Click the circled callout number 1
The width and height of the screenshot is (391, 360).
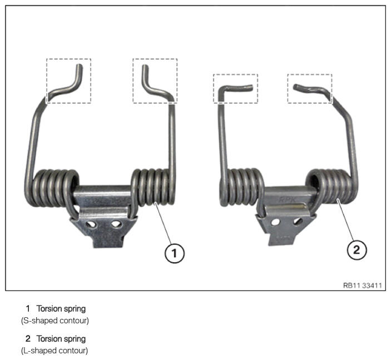175,253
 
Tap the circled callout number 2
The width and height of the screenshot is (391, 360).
357,249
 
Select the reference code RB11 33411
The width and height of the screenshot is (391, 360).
362,285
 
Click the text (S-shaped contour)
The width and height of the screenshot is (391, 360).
55,321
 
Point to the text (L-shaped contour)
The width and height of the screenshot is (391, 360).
55,351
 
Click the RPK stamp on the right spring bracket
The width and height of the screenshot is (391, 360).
287,199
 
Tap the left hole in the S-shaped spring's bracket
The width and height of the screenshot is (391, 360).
91,224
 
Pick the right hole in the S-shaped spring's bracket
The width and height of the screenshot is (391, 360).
116,224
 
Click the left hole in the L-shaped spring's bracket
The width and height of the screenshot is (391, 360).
275,222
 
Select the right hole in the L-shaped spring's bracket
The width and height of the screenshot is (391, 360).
298,221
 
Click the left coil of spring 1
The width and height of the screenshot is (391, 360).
52,188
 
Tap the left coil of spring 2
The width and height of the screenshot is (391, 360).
241,187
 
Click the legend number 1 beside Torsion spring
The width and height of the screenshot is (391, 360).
28,309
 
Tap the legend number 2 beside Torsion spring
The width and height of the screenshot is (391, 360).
28,339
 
